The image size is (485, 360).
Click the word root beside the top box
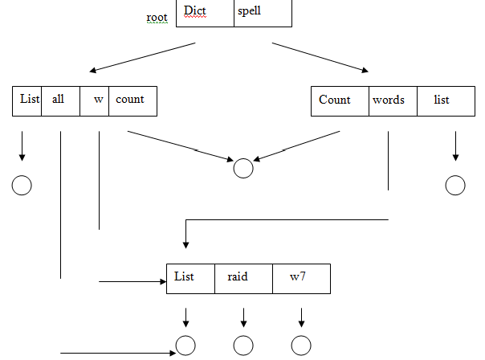click(157, 16)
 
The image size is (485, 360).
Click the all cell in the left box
click(60, 100)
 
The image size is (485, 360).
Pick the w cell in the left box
click(95, 100)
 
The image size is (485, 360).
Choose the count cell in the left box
click(132, 100)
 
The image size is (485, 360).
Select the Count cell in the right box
click(339, 100)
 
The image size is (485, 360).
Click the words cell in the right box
click(393, 100)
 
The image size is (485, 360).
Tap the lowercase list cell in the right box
click(442, 100)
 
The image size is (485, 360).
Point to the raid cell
click(243, 277)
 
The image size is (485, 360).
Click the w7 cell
click(301, 277)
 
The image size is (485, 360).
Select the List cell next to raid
click(190, 277)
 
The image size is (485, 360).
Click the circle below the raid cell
click(243, 346)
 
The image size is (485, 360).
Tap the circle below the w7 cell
click(301, 346)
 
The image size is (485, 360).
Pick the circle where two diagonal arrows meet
click(243, 168)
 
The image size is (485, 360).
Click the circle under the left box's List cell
click(22, 186)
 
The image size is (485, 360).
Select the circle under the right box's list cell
click(455, 186)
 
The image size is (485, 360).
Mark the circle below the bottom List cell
click(185, 346)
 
